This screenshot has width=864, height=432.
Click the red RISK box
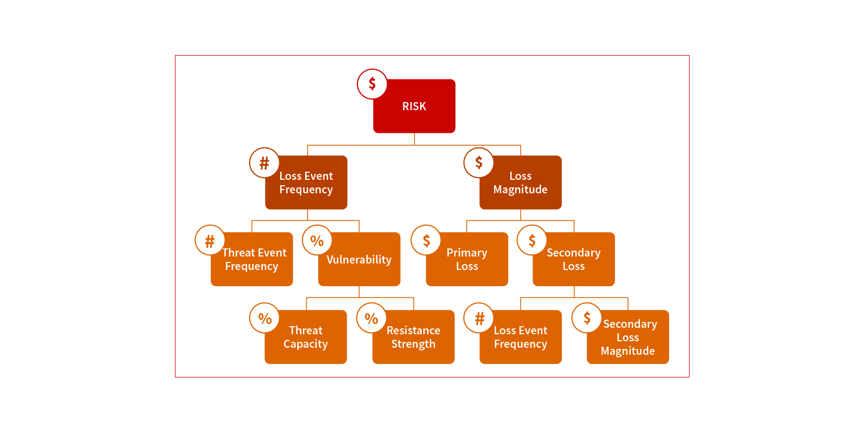pos(414,106)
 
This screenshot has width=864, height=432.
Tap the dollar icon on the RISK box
pos(372,84)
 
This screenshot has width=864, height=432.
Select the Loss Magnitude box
pos(521,183)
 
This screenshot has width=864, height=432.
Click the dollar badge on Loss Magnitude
pos(478,163)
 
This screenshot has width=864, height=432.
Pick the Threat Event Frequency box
pos(252,259)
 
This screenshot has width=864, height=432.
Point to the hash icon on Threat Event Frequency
pos(210,240)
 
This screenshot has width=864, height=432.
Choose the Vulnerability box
pos(359,259)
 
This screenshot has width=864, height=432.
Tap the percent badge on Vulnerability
pos(317,240)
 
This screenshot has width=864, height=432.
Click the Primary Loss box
pos(467,259)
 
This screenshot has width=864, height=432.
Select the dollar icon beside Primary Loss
pos(426,240)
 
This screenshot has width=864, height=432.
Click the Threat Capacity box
pos(306,337)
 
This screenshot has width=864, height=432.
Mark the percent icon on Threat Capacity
pos(265,318)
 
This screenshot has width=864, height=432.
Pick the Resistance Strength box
pos(414,337)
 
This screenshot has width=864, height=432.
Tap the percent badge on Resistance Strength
pos(372,318)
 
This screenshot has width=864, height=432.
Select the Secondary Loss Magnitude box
pos(628,337)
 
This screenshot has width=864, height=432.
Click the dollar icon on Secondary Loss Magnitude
pos(586,318)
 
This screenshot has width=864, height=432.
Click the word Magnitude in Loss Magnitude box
pos(521,190)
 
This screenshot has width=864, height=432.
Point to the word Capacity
pos(306,344)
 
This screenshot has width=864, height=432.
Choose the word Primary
pos(467,253)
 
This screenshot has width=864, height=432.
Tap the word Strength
pos(414,344)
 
